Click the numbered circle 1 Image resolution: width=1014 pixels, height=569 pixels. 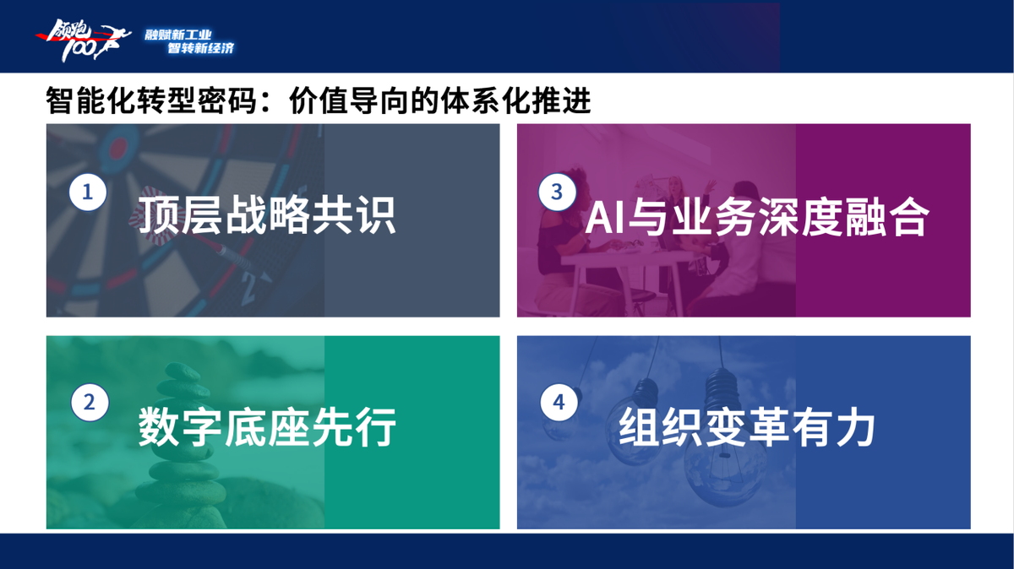coord(88,192)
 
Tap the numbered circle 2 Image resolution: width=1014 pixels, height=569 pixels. coord(90,403)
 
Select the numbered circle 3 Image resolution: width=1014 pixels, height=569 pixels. coord(557,192)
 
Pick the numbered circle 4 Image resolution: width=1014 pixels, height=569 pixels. coord(559,402)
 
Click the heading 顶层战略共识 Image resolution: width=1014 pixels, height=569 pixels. coord(267,215)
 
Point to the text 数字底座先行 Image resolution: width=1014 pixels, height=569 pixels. coord(267,427)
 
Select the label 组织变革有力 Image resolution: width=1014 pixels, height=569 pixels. coord(747,427)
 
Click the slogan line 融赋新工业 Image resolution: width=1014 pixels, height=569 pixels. coord(178,35)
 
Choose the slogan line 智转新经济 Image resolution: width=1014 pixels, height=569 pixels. coord(201,47)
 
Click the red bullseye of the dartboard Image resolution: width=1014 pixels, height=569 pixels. coord(118,146)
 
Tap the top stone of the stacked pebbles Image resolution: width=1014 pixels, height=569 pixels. coord(182,371)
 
